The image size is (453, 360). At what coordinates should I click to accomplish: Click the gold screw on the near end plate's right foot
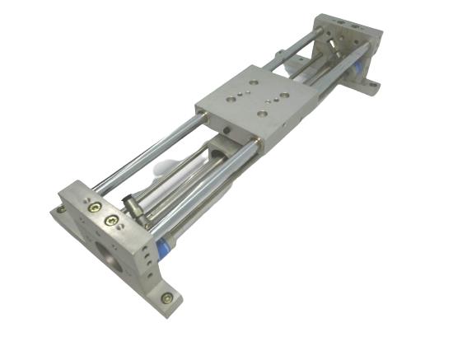coord(167,297)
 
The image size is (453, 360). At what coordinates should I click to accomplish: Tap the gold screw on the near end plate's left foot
coord(62,209)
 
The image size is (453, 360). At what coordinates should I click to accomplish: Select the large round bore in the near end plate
coord(107,250)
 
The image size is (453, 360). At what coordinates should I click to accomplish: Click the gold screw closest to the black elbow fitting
coord(111,220)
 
